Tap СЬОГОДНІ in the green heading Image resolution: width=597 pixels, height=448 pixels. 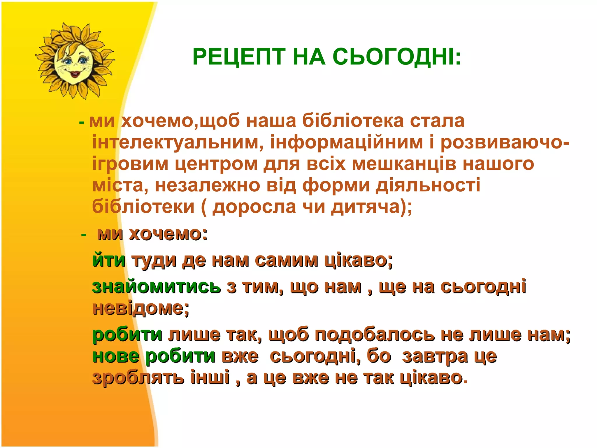(x=396, y=57)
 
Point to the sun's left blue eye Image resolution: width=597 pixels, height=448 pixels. (x=68, y=62)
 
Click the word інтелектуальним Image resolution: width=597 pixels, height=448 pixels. (x=178, y=143)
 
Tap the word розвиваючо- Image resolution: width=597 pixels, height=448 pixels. (x=505, y=143)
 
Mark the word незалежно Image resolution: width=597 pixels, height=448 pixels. (x=207, y=185)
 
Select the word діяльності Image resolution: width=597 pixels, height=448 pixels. (x=428, y=185)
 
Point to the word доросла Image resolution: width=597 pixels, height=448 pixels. (x=254, y=207)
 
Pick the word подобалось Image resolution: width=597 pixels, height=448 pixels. (x=375, y=335)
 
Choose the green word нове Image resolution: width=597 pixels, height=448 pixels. (x=116, y=356)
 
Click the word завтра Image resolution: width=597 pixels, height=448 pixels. (x=435, y=356)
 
